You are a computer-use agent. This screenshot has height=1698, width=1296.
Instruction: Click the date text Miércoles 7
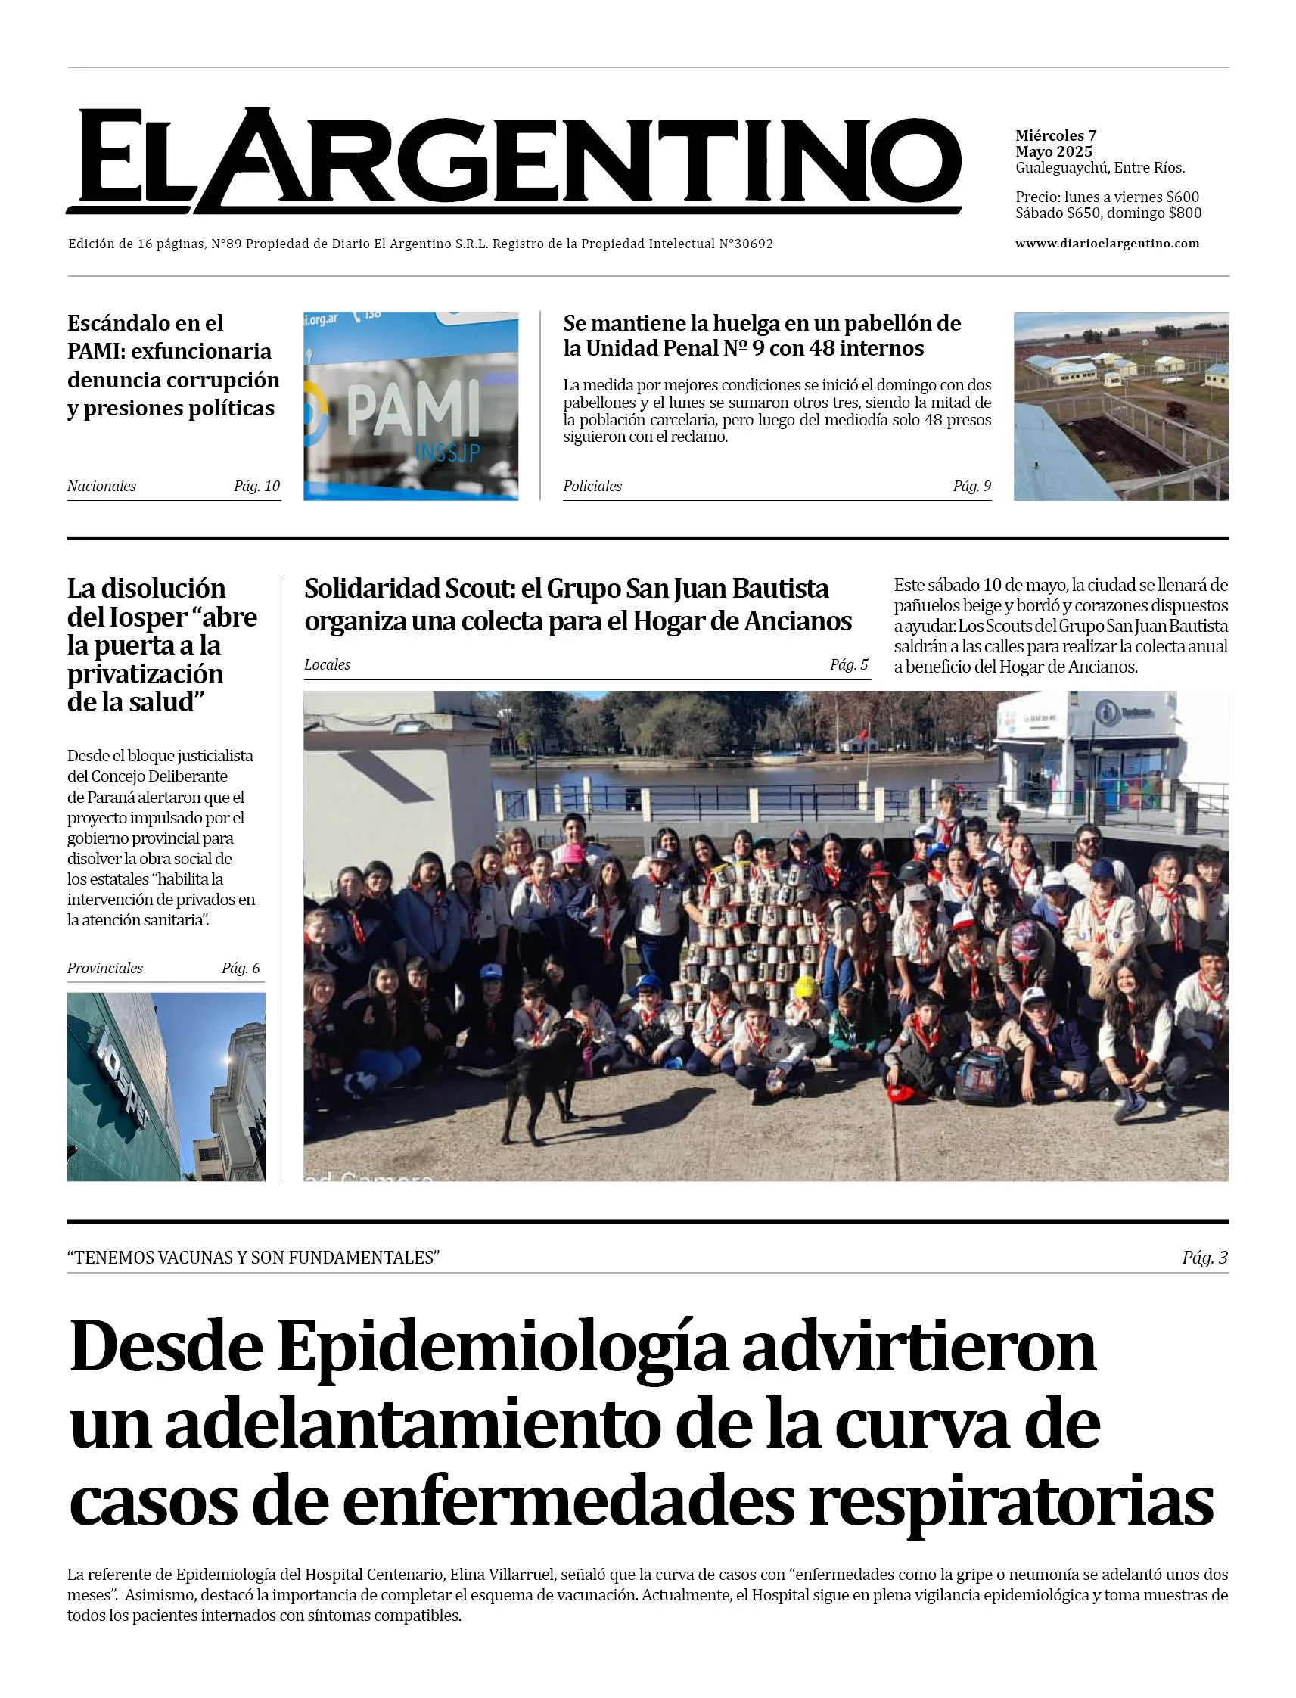click(1055, 135)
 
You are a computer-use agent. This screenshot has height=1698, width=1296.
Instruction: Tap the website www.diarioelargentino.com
click(1107, 243)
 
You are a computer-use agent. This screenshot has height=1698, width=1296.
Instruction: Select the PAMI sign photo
click(410, 406)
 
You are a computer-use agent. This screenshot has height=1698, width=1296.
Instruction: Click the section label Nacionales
click(101, 486)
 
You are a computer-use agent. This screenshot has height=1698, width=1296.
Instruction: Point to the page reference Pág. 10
click(257, 486)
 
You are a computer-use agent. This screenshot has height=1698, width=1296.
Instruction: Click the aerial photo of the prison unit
click(1120, 406)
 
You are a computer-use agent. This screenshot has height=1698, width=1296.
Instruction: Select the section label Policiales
click(592, 486)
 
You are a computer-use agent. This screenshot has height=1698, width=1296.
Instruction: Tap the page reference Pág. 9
click(972, 486)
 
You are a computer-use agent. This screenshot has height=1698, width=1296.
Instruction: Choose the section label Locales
click(327, 664)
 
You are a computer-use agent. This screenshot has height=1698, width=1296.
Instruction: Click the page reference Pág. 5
click(849, 664)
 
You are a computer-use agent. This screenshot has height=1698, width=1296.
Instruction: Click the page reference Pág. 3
click(1204, 1258)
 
